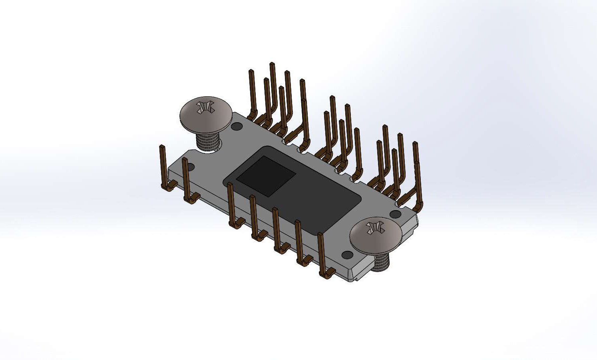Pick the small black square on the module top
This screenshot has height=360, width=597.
(x=266, y=176)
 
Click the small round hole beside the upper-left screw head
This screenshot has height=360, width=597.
(x=237, y=127)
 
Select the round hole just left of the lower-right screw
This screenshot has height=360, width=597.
(x=347, y=255)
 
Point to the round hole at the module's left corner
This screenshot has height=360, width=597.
(x=190, y=167)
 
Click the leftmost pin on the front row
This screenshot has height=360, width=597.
(x=163, y=164)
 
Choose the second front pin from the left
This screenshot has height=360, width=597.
(x=185, y=176)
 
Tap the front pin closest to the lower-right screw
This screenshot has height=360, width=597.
(x=321, y=252)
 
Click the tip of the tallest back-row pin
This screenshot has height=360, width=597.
(x=272, y=65)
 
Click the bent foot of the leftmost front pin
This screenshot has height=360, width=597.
(x=170, y=185)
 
